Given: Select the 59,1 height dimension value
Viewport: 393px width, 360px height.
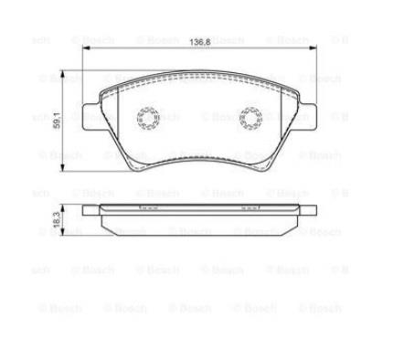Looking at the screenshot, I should click(58, 120).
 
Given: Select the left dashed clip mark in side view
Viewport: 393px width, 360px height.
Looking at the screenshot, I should click(148, 209).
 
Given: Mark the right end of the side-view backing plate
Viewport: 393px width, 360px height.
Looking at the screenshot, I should click(313, 211).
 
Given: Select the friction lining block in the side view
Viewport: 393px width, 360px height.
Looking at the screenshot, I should click(199, 222).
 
